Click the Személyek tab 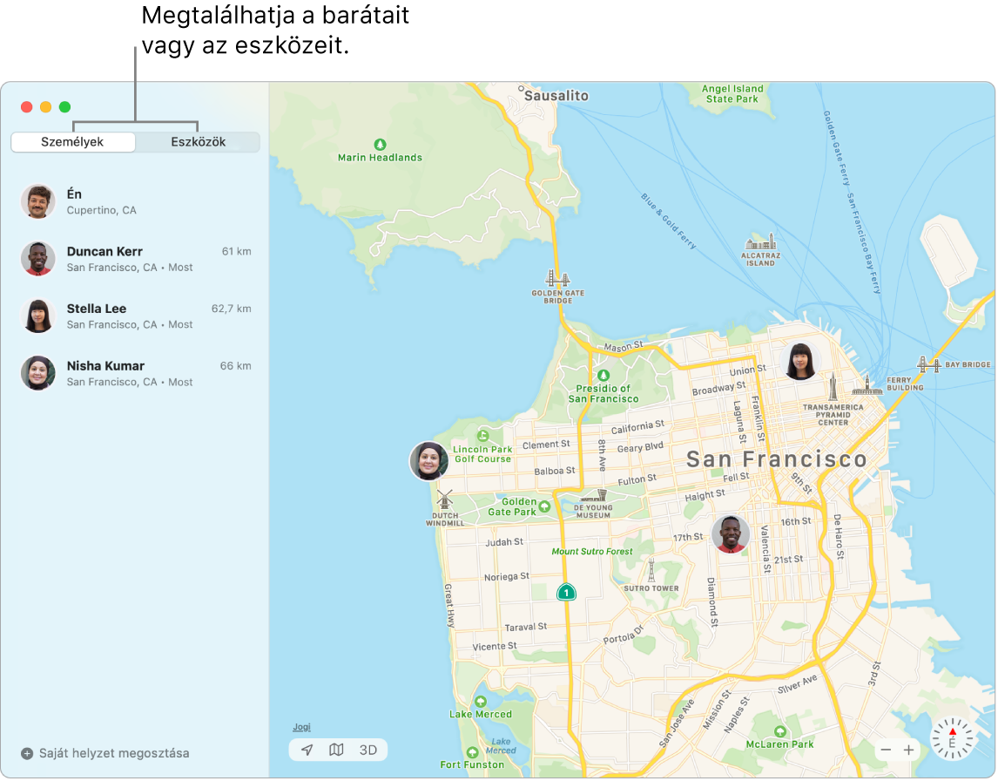coord(72,142)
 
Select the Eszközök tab coord(198,142)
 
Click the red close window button coord(27,107)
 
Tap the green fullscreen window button coord(64,107)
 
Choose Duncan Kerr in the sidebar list coord(105,252)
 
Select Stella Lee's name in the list coord(97,309)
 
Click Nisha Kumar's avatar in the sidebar coord(38,373)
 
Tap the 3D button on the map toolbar coord(368,750)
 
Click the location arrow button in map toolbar coord(307,750)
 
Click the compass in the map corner coord(952,738)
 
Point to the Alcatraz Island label coord(760,259)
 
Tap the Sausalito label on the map coord(558,96)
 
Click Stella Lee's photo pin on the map coord(800,361)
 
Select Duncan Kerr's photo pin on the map coord(731,533)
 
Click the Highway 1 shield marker coord(566,593)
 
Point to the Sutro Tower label coord(651,588)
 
